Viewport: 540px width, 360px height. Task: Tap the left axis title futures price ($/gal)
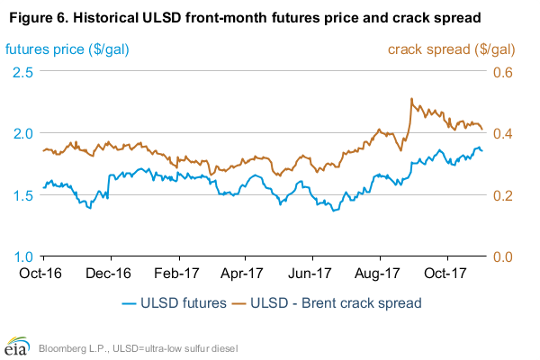67,49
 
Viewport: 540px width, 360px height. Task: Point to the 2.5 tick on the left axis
25,71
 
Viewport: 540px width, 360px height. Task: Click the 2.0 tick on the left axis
25,133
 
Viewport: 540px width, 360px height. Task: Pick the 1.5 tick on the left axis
25,195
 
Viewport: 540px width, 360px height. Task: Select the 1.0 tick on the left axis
25,256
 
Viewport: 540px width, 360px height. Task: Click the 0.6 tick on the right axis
501,71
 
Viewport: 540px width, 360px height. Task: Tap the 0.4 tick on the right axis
501,133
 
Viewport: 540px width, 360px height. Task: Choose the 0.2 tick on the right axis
501,195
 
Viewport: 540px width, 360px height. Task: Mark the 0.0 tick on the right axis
501,256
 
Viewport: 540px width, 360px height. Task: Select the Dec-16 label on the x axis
111,272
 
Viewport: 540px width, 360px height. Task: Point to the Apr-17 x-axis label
247,272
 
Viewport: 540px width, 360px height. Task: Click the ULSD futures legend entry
175,303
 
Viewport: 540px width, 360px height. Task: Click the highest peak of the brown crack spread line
411,98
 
